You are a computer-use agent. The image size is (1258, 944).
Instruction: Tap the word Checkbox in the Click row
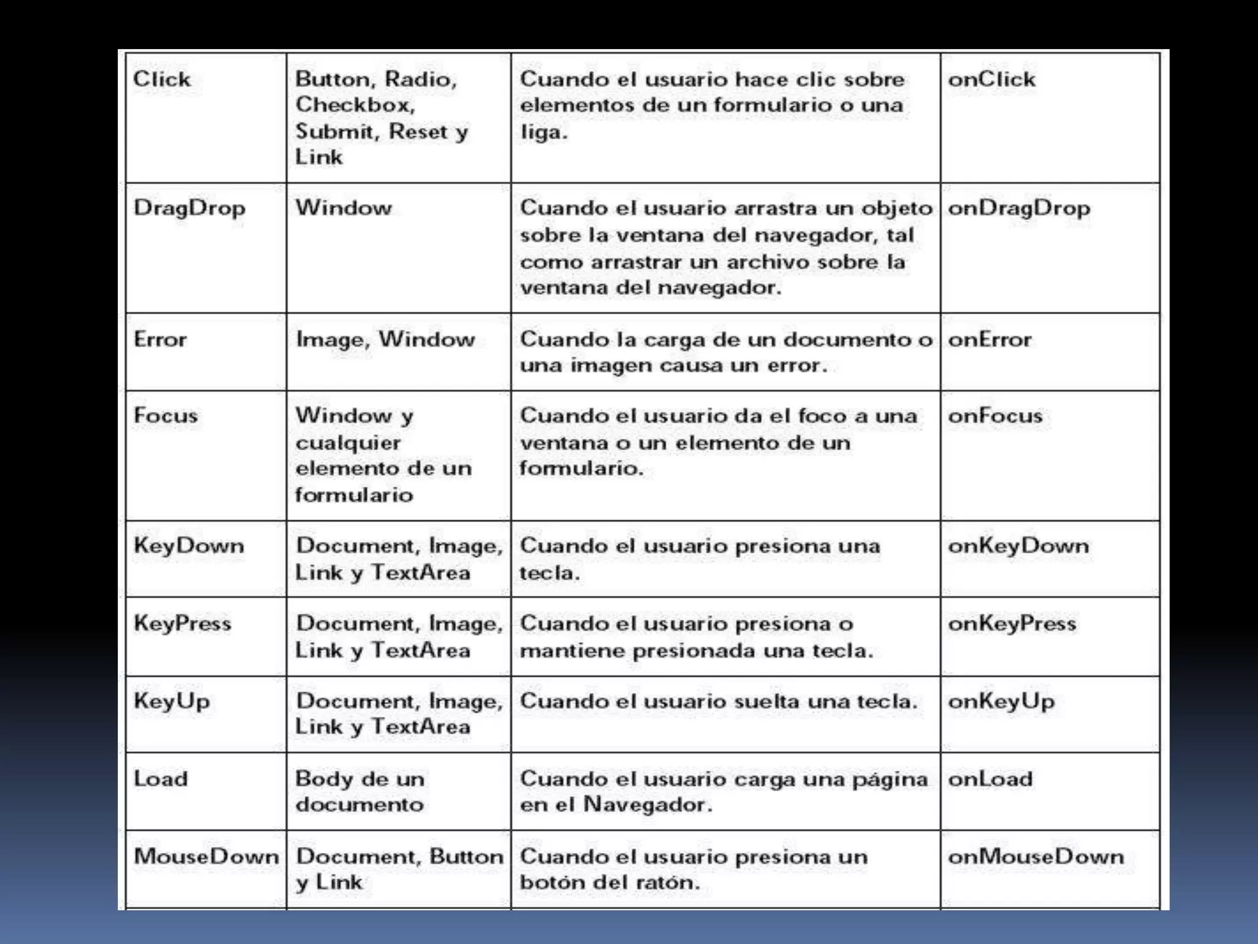pos(355,105)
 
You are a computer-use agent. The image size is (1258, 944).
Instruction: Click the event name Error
pos(160,339)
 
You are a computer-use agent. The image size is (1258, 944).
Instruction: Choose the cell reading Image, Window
pos(385,339)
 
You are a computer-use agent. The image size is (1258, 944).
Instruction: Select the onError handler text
pos(990,339)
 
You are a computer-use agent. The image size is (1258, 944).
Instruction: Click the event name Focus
pos(166,415)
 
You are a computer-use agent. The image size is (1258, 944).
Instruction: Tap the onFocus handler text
pos(995,415)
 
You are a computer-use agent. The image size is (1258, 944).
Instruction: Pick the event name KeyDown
pos(189,546)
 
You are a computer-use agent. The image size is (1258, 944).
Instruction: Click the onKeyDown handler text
pos(1018,546)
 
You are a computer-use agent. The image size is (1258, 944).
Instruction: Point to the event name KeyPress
pos(182,624)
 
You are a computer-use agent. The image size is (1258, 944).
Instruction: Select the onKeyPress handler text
pos(1012,624)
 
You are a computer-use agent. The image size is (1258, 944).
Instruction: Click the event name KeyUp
pos(172,701)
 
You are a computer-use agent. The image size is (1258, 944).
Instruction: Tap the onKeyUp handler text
pos(1001,701)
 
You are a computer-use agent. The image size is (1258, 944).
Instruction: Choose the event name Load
pos(161,779)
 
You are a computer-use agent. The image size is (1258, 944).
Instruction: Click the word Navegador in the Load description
pos(647,804)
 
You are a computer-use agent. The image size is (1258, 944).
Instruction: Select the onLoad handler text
pos(990,779)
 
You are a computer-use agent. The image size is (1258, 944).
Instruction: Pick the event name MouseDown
pos(206,856)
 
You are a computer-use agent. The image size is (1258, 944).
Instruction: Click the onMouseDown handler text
pos(1036,856)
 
